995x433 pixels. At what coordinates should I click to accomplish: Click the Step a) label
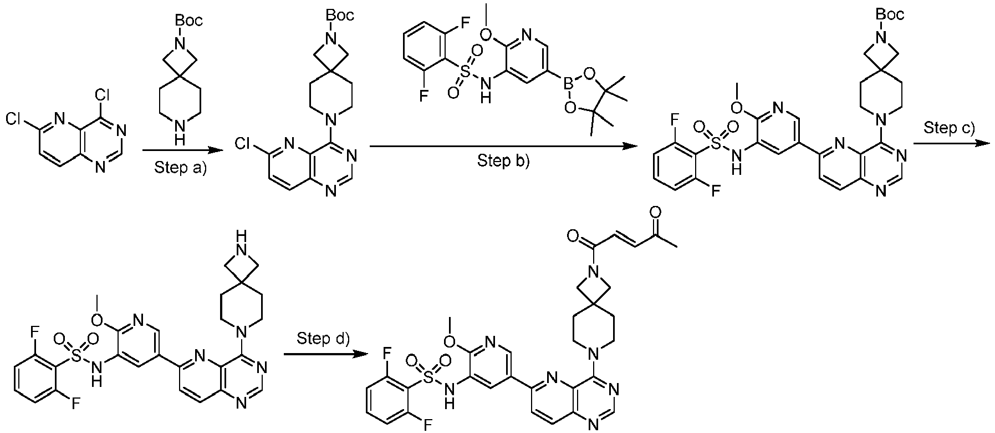178,168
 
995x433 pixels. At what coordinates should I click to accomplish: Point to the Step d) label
324,338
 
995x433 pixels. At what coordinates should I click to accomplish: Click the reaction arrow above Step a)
178,150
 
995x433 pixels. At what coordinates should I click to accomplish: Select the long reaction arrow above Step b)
502,146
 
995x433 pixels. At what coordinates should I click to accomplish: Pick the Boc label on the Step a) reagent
189,21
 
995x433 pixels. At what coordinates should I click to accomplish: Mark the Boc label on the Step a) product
340,15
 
